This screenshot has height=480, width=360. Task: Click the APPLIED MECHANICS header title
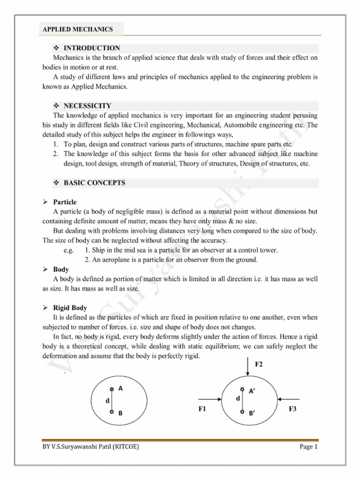pyautogui.click(x=78, y=29)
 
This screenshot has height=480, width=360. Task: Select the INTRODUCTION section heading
pyautogui.click(x=91, y=48)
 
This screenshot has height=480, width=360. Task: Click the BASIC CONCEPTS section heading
pyautogui.click(x=94, y=183)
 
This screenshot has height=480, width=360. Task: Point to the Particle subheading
pyautogui.click(x=65, y=202)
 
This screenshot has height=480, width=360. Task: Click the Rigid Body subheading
pyautogui.click(x=70, y=307)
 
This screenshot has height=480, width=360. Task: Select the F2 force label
pyautogui.click(x=259, y=364)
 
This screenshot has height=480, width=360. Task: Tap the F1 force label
pyautogui.click(x=202, y=409)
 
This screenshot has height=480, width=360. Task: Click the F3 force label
pyautogui.click(x=292, y=409)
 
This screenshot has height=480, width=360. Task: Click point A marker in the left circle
pyautogui.click(x=111, y=389)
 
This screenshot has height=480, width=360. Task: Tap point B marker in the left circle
pyautogui.click(x=111, y=412)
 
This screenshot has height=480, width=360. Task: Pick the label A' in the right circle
pyautogui.click(x=252, y=391)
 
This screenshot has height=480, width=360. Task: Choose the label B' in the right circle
pyautogui.click(x=252, y=413)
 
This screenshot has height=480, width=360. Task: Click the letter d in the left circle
pyautogui.click(x=107, y=401)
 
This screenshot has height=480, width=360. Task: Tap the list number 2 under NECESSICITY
pyautogui.click(x=55, y=154)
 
